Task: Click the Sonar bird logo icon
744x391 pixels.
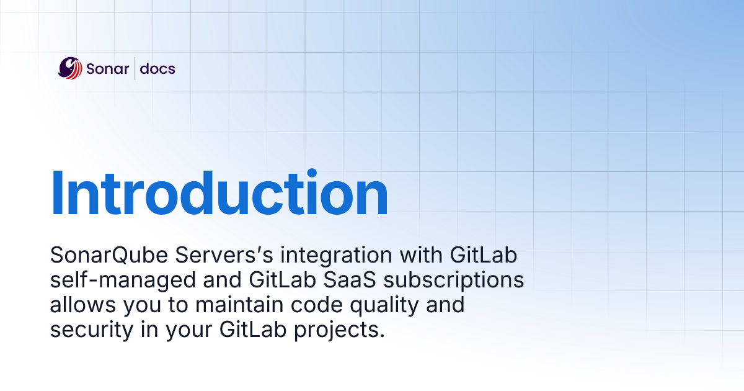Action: click(69, 68)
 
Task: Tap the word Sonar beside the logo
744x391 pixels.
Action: click(107, 69)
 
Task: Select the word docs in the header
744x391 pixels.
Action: click(157, 69)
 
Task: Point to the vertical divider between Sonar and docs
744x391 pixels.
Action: click(135, 68)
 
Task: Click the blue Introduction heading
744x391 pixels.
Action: click(219, 193)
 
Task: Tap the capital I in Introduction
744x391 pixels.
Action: click(58, 193)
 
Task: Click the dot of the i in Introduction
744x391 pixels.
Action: click(312, 174)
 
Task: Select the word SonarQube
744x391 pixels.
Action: click(109, 255)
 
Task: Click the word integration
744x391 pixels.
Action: click(337, 256)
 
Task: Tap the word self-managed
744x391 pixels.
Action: click(123, 281)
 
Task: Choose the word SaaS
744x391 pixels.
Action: click(350, 280)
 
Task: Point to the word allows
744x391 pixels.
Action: click(82, 305)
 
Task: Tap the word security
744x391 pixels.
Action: click(92, 330)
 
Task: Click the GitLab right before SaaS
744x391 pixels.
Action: click(282, 280)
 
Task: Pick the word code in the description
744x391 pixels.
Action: click(317, 305)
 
